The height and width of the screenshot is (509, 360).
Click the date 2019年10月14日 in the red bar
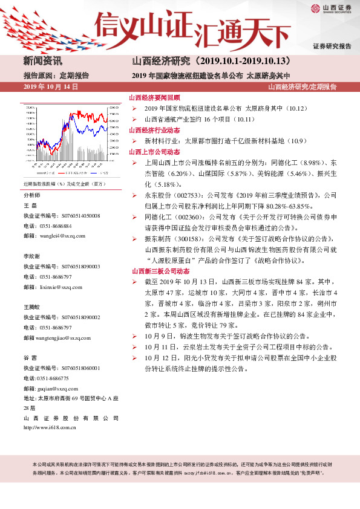51,87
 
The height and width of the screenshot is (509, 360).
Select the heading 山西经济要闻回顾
154,97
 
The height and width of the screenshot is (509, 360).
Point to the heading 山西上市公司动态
154,152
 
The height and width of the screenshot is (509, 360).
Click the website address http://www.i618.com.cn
49,427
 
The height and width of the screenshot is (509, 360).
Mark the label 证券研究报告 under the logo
332,47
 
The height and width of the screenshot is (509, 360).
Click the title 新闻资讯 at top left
42,61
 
